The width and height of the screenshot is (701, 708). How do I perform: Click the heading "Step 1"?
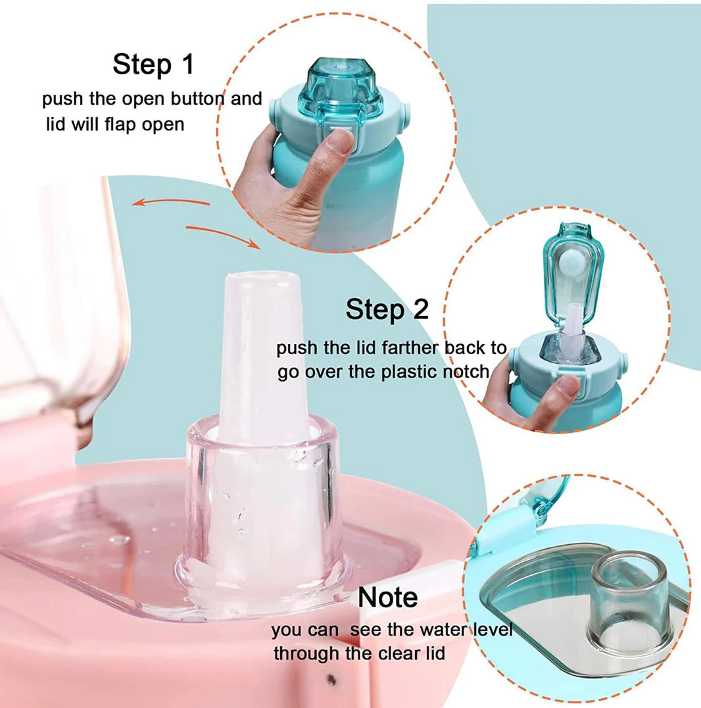pyautogui.click(x=153, y=65)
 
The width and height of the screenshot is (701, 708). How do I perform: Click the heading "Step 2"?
pyautogui.click(x=387, y=309)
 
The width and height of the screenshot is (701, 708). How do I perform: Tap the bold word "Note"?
pyautogui.click(x=387, y=597)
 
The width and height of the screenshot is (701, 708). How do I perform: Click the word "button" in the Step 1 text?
pyautogui.click(x=198, y=99)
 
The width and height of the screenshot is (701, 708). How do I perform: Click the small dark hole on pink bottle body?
pyautogui.click(x=331, y=679)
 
